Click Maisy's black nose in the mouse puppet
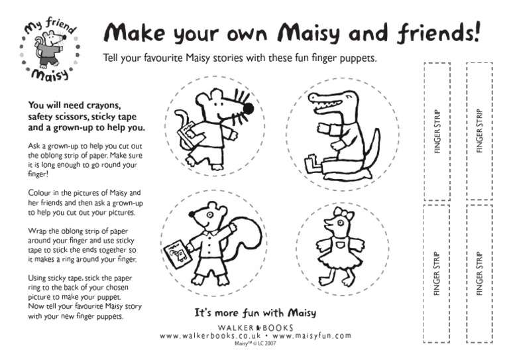[x=249, y=107]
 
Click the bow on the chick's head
[x=343, y=213]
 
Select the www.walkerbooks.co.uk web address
[x=207, y=336]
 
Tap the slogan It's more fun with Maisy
[x=254, y=312]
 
